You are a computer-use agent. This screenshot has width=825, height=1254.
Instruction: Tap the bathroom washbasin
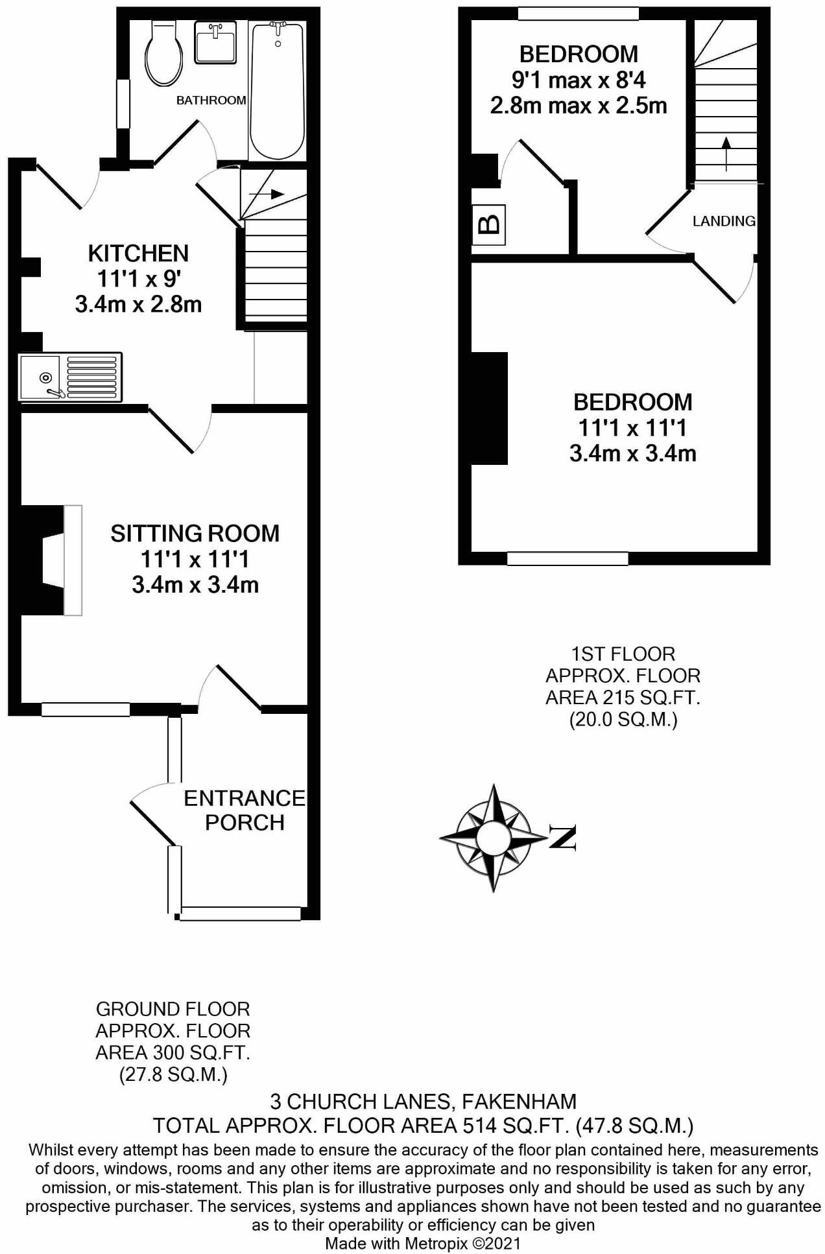(215, 41)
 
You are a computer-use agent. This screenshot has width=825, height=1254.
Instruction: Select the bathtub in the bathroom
(277, 91)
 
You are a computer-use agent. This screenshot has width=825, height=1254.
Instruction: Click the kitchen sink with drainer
(70, 377)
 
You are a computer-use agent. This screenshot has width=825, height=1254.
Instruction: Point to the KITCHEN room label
(138, 253)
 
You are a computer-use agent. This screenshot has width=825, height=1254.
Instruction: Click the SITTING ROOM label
(195, 533)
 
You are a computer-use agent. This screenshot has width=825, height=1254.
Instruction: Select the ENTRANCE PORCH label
(244, 810)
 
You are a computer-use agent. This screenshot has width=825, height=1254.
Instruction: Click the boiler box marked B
(488, 224)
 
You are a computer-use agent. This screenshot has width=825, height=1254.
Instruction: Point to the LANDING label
(723, 221)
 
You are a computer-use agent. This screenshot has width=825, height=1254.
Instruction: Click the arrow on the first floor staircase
(726, 153)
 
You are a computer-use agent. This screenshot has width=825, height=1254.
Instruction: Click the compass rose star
(494, 838)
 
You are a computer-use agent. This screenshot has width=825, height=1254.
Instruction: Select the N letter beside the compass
(563, 837)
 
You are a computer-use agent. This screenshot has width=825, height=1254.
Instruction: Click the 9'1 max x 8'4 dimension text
(579, 80)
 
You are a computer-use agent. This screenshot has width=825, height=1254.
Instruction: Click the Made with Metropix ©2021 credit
(422, 1243)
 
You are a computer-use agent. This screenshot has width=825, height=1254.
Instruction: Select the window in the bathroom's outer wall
(123, 104)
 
